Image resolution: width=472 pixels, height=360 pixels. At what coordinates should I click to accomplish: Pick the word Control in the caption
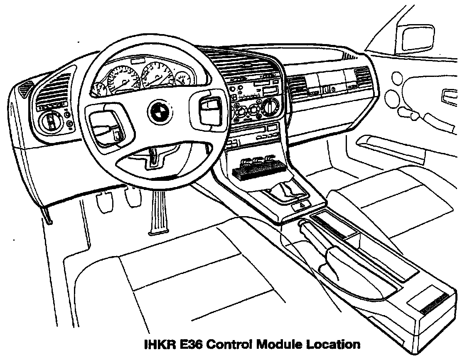coord(230,345)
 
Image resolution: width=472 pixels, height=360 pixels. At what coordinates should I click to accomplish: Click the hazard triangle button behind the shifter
coord(302,205)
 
